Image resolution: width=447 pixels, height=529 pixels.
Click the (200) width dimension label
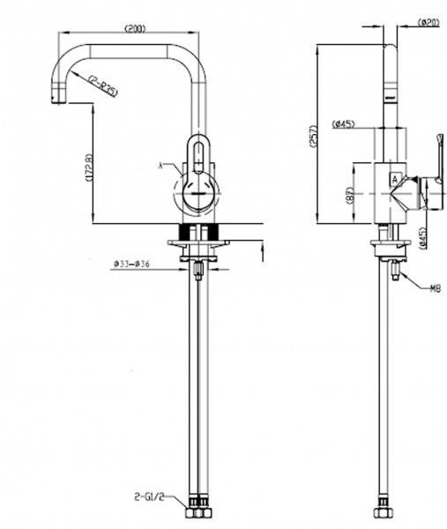[x=135, y=29]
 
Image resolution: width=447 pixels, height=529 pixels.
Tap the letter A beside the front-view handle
[x=160, y=164]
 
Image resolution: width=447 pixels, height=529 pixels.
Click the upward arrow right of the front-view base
[x=263, y=255]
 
